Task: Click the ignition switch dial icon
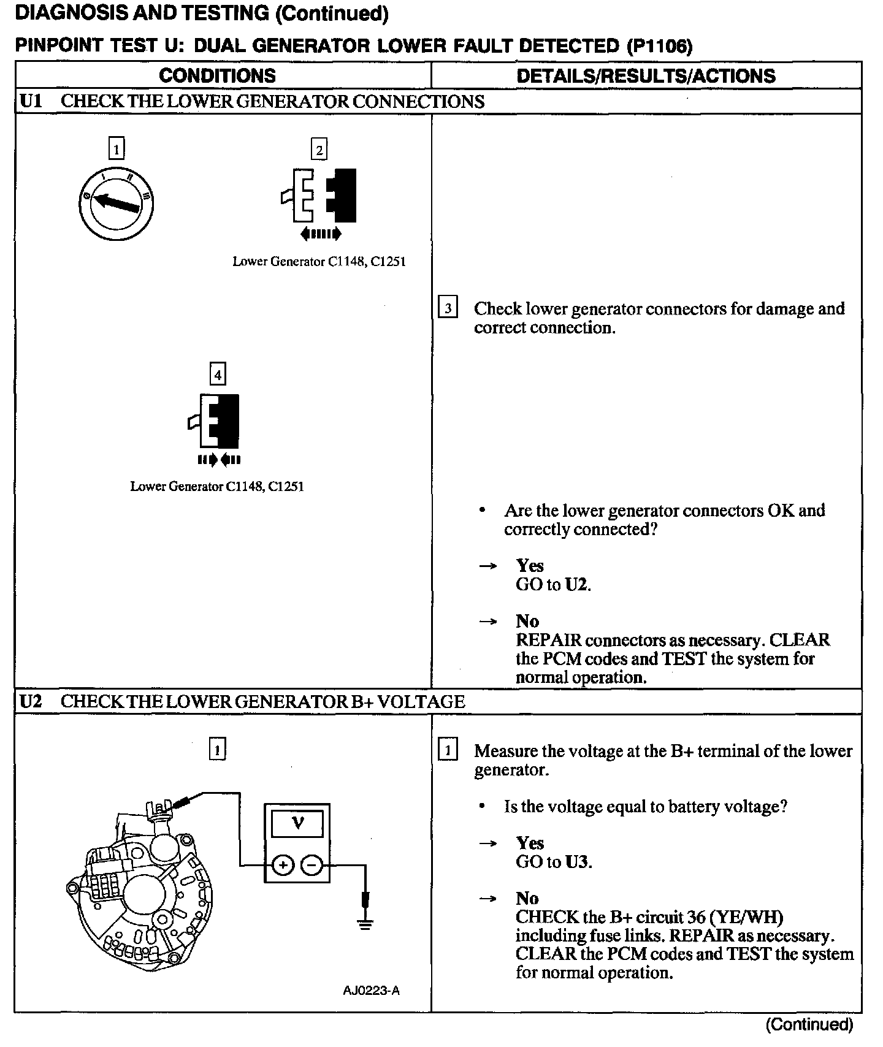(116, 204)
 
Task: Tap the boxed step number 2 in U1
(319, 150)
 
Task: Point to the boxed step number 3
(448, 308)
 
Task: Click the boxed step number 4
(218, 374)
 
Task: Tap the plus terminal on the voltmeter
(283, 866)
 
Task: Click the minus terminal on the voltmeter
(312, 866)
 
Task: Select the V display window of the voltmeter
(297, 823)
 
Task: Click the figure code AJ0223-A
(371, 991)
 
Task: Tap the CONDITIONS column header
(217, 75)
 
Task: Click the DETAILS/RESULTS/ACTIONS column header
(646, 75)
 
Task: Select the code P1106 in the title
(660, 46)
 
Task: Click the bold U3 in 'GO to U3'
(577, 862)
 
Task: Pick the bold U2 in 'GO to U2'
(576, 584)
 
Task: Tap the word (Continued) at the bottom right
(809, 1024)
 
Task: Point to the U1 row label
(31, 101)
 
